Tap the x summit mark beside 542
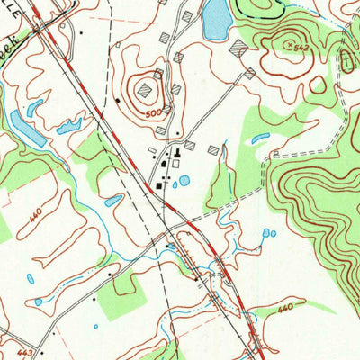point(288,41)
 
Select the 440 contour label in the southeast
point(285,308)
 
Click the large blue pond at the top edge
point(215,19)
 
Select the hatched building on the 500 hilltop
point(158,74)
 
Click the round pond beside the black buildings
point(184,181)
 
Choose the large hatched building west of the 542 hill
point(238,47)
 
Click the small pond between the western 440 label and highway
point(112,200)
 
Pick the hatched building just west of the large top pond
point(187,16)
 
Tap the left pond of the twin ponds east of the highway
point(265,234)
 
